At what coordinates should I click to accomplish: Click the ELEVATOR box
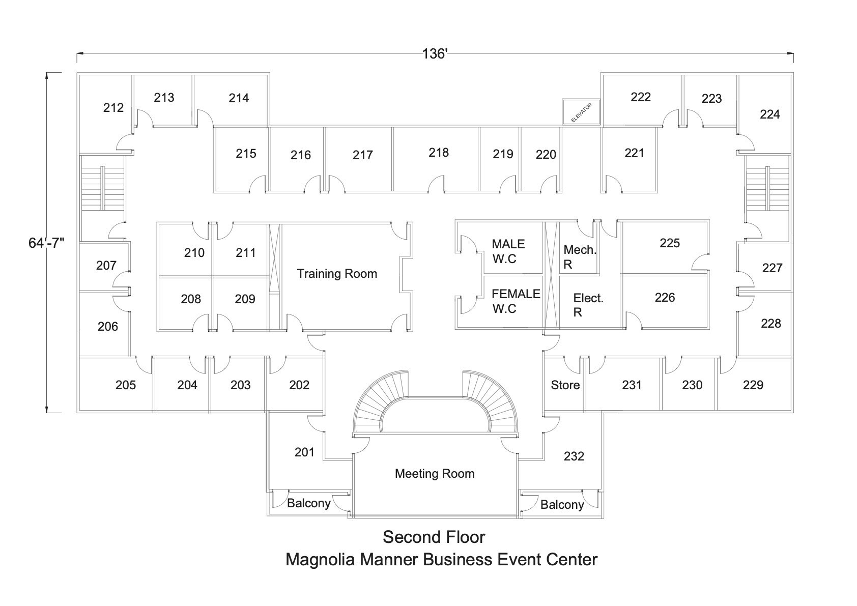pyautogui.click(x=581, y=111)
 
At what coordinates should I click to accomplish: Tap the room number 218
pyautogui.click(x=439, y=153)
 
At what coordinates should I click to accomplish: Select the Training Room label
pyautogui.click(x=337, y=274)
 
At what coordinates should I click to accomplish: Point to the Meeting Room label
pyautogui.click(x=435, y=474)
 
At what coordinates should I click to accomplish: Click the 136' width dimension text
pyautogui.click(x=435, y=54)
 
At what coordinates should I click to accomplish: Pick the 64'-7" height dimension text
pyautogui.click(x=47, y=243)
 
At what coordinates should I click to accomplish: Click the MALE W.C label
pyautogui.click(x=508, y=251)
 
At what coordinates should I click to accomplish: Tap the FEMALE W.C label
pyautogui.click(x=516, y=301)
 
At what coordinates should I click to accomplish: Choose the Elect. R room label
pyautogui.click(x=588, y=305)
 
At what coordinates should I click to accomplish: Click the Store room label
pyautogui.click(x=565, y=385)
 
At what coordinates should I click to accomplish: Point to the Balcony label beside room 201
pyautogui.click(x=309, y=503)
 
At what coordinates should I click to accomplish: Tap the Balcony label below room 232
pyautogui.click(x=562, y=505)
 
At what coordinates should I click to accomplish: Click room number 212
pyautogui.click(x=113, y=108)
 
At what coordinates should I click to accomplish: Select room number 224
pyautogui.click(x=770, y=114)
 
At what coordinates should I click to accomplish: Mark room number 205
pyautogui.click(x=126, y=385)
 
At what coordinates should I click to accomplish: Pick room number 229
pyautogui.click(x=753, y=385)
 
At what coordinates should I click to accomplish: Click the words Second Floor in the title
pyautogui.click(x=434, y=537)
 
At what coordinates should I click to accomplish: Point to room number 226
pyautogui.click(x=665, y=298)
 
